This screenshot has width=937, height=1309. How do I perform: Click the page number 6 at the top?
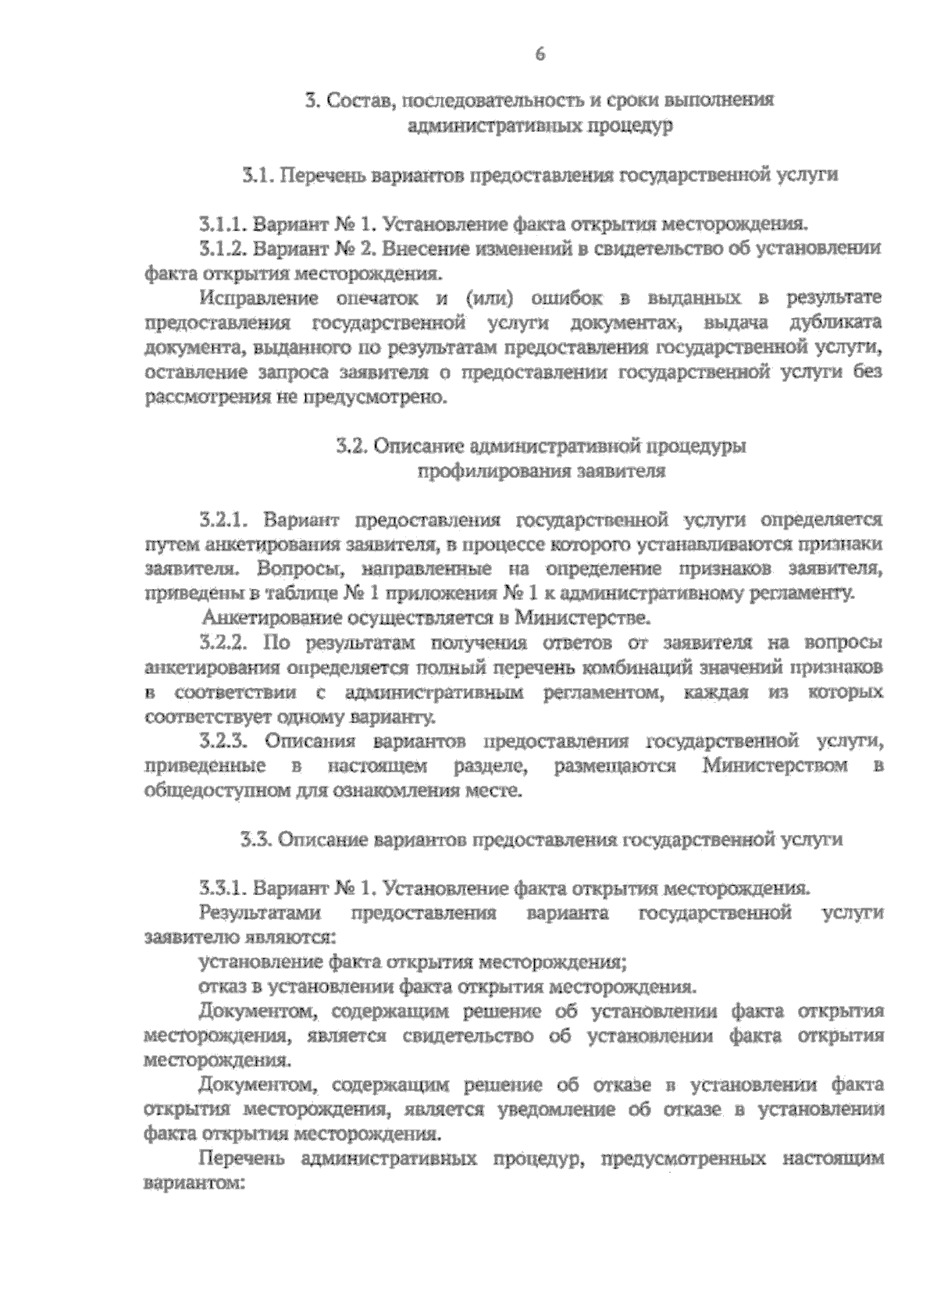coord(539,54)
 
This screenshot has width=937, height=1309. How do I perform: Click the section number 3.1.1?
coord(223,225)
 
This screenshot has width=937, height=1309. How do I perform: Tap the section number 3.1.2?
coord(223,249)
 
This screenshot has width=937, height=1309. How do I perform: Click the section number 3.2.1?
coord(223,519)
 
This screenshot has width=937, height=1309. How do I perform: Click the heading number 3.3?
coord(255,840)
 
